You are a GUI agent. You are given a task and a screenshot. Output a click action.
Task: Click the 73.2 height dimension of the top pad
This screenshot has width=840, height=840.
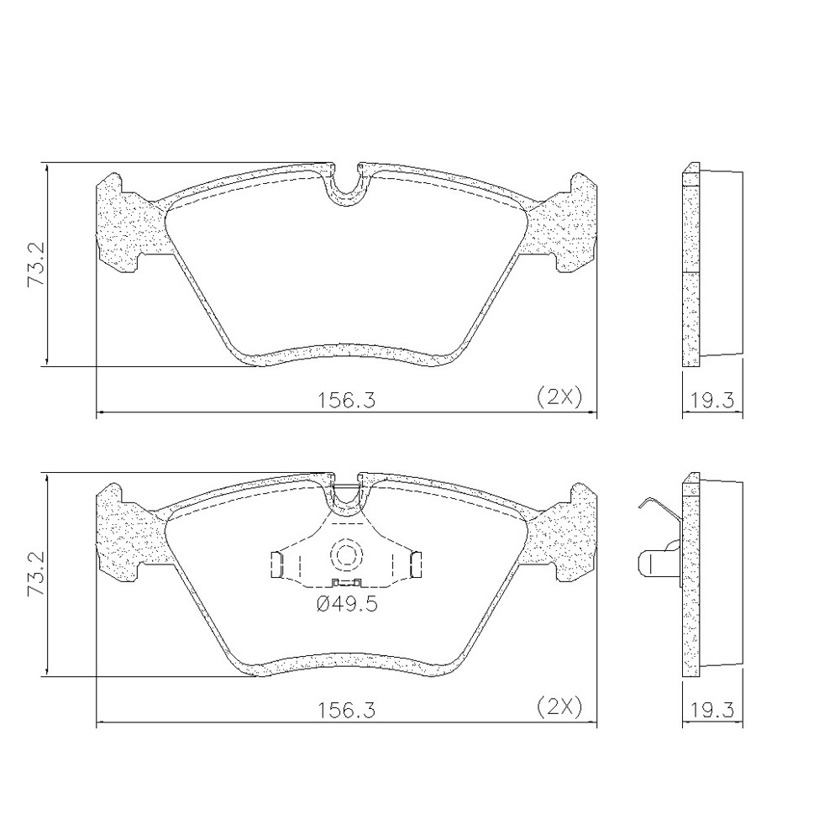click(38, 265)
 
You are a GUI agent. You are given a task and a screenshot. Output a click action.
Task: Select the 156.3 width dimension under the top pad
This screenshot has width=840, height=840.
click(347, 400)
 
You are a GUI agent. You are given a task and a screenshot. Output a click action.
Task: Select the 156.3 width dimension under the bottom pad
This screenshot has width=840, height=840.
click(347, 711)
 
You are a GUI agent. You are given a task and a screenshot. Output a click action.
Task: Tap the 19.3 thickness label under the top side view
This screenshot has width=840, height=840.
click(712, 400)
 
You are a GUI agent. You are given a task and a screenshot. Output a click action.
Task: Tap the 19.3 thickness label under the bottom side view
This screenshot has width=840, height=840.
click(712, 711)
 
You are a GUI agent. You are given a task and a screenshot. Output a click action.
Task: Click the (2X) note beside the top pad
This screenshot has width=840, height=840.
click(559, 397)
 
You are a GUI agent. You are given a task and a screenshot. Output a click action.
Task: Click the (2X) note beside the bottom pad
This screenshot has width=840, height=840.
click(559, 707)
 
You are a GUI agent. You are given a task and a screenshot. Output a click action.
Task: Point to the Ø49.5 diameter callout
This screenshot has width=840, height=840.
click(347, 604)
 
